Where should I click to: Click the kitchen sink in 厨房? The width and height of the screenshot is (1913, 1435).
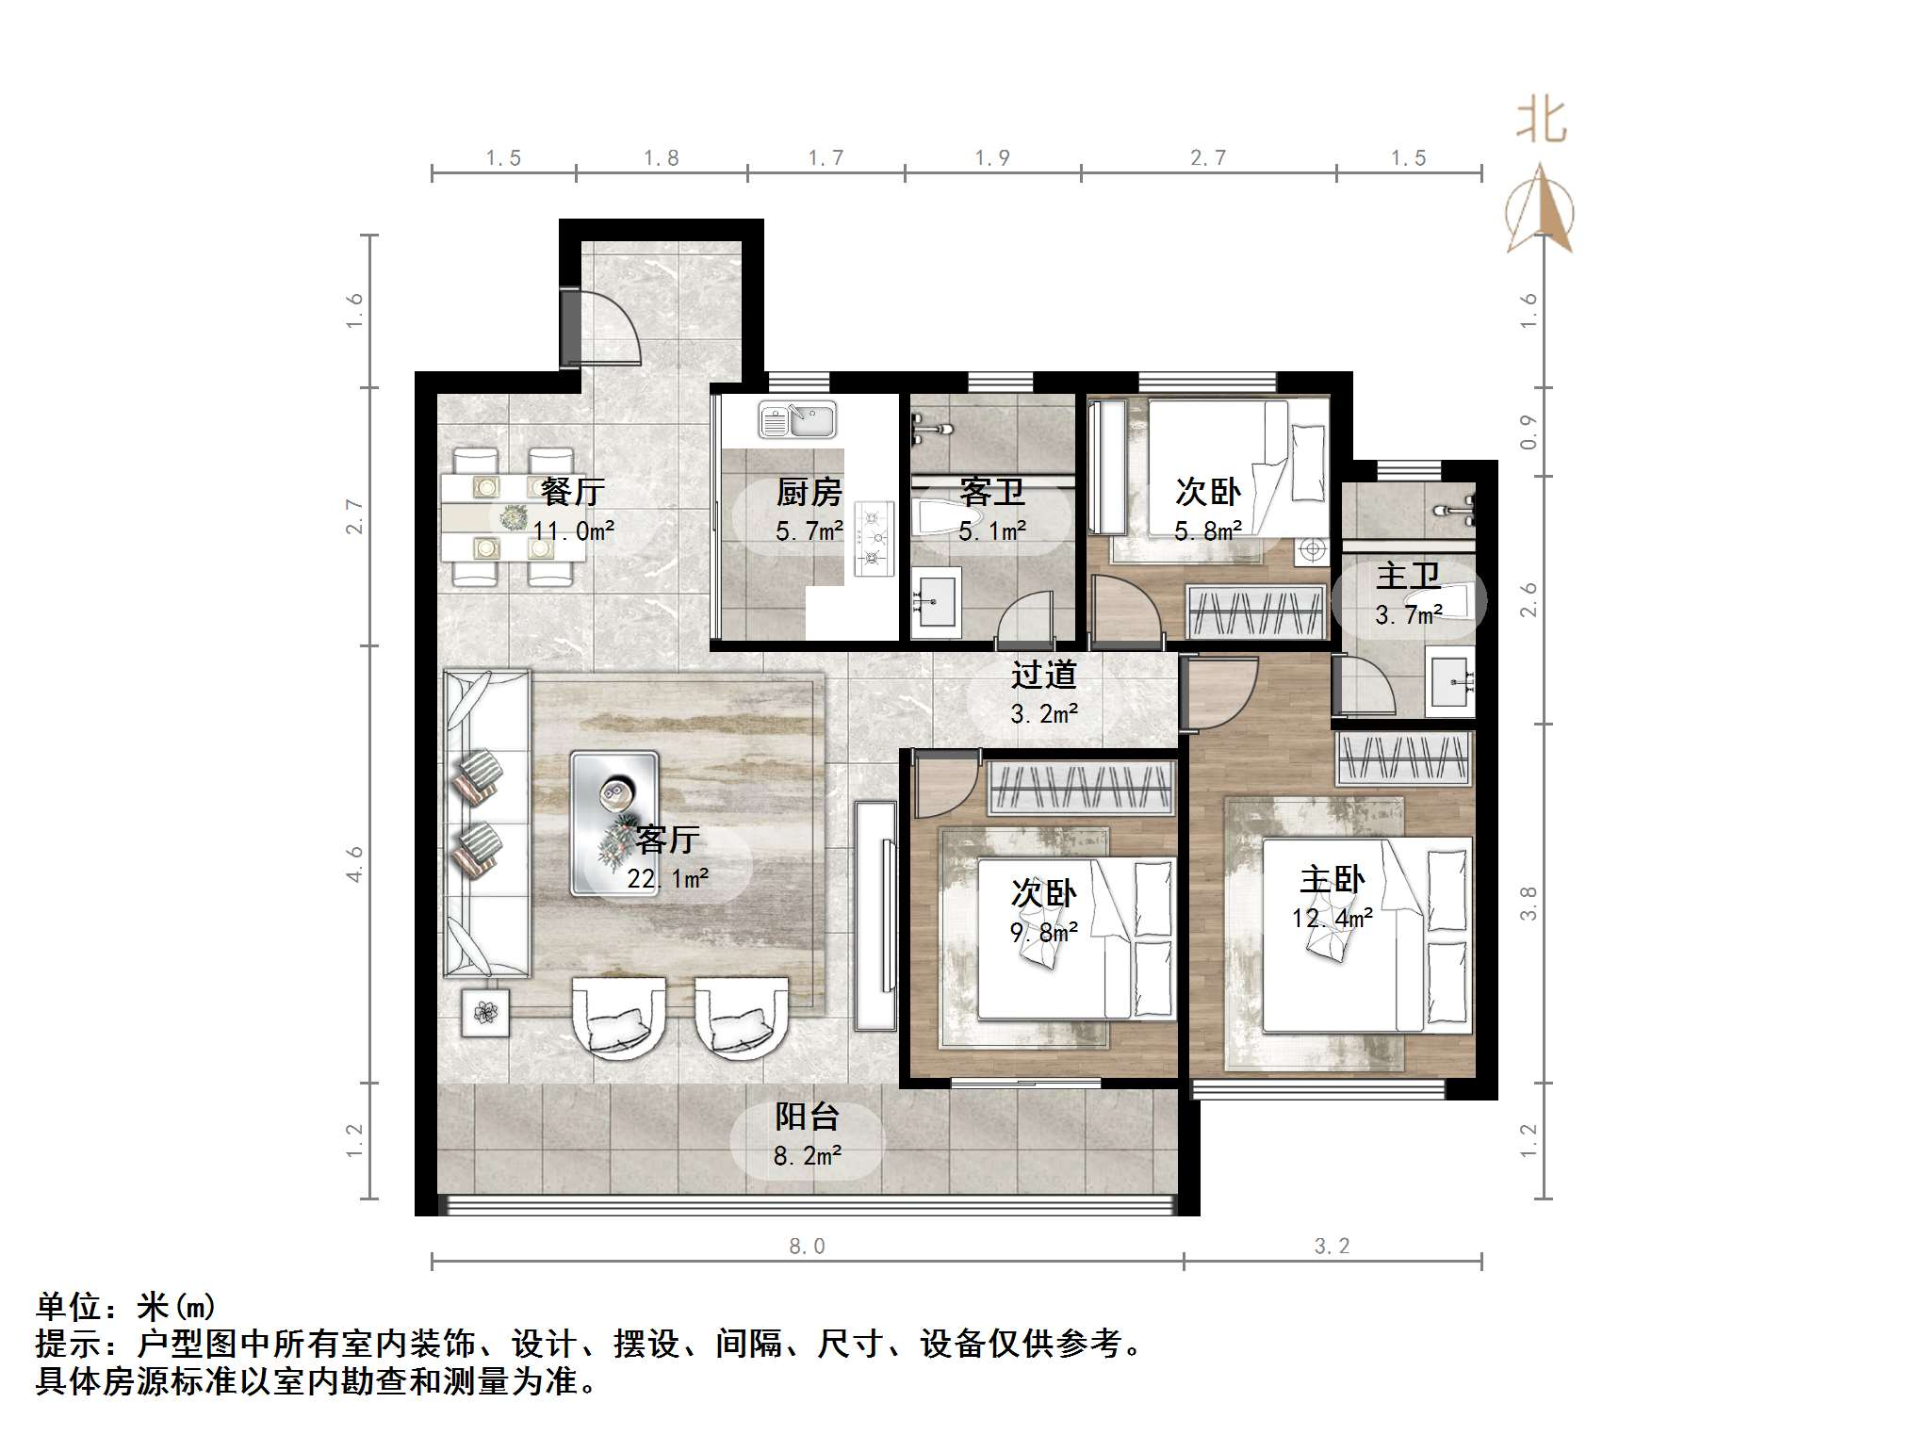pyautogui.click(x=797, y=420)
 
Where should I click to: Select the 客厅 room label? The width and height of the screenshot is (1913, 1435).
pyautogui.click(x=667, y=839)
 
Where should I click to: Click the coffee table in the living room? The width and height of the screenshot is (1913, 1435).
pyautogui.click(x=614, y=822)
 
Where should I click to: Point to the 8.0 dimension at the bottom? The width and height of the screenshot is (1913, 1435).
pyautogui.click(x=807, y=1247)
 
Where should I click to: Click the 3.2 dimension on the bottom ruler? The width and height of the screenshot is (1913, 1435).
pyautogui.click(x=1332, y=1247)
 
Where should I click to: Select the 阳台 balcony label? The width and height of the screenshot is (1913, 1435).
pyautogui.click(x=807, y=1117)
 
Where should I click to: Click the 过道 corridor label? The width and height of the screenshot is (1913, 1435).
pyautogui.click(x=1043, y=675)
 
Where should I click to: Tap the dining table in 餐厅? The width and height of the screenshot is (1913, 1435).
pyautogui.click(x=514, y=516)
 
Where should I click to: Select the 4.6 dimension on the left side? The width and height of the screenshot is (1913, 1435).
pyautogui.click(x=354, y=863)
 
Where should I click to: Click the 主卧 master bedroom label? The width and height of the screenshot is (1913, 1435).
pyautogui.click(x=1332, y=880)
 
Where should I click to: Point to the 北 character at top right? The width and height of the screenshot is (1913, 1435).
pyautogui.click(x=1541, y=122)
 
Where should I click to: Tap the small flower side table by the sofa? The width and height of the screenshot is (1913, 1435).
pyautogui.click(x=485, y=1013)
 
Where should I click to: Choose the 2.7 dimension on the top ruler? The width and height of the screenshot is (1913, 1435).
pyautogui.click(x=1207, y=158)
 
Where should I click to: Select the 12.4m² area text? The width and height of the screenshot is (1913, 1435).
pyautogui.click(x=1332, y=918)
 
